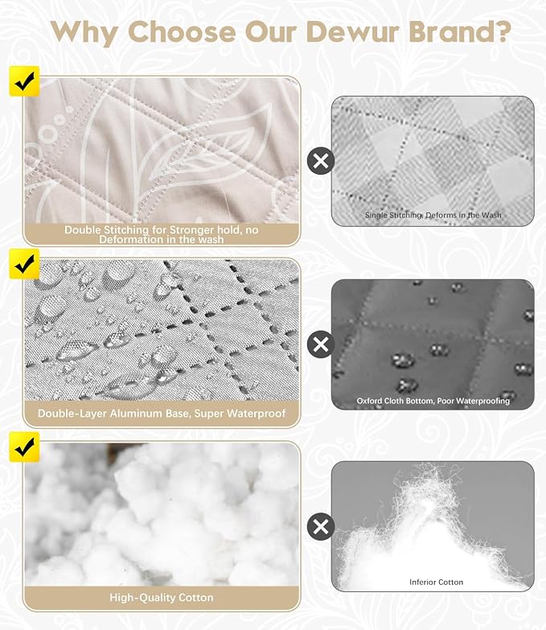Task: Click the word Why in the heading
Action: click(84, 33)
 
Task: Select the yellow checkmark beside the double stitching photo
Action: click(24, 81)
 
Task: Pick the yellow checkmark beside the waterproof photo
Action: click(24, 264)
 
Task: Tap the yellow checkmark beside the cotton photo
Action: click(24, 447)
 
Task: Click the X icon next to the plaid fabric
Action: click(320, 161)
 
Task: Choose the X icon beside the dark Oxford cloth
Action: click(320, 344)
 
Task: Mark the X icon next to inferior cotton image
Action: click(320, 526)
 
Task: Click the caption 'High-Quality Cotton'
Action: click(162, 598)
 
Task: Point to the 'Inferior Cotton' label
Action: click(436, 582)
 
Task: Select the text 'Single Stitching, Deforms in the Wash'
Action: click(433, 215)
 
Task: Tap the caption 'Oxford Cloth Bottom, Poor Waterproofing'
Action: click(433, 401)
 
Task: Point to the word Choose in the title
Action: click(182, 31)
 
